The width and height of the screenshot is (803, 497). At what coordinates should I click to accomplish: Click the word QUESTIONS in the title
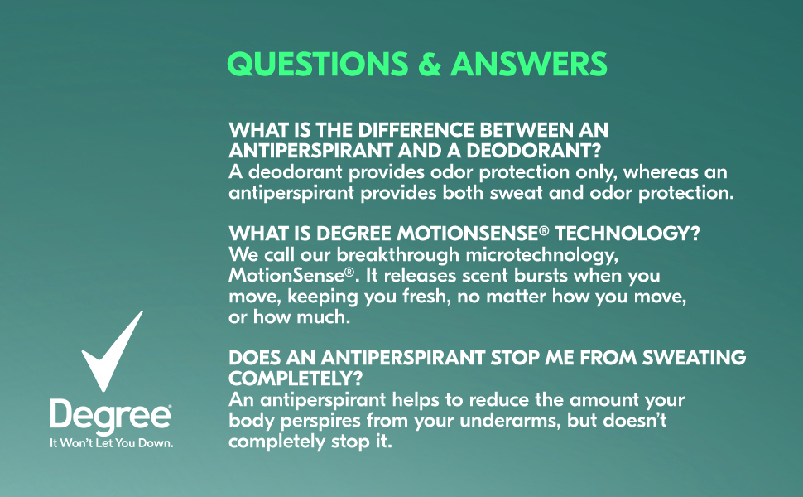pyautogui.click(x=318, y=64)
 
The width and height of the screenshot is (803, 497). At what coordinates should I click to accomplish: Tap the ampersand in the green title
pyautogui.click(x=430, y=64)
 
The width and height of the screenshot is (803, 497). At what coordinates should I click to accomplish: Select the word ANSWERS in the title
pyautogui.click(x=529, y=64)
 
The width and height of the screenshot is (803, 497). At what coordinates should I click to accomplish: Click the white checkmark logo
pyautogui.click(x=112, y=351)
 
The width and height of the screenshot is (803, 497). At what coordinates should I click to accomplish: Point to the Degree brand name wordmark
pyautogui.click(x=111, y=416)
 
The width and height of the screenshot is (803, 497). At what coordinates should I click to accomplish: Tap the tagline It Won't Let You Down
pyautogui.click(x=111, y=442)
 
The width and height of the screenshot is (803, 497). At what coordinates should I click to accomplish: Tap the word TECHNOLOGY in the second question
pyautogui.click(x=627, y=234)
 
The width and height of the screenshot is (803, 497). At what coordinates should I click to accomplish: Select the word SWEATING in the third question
pyautogui.click(x=694, y=358)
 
